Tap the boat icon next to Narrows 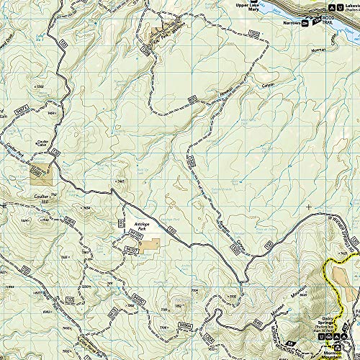tap(306, 23)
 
